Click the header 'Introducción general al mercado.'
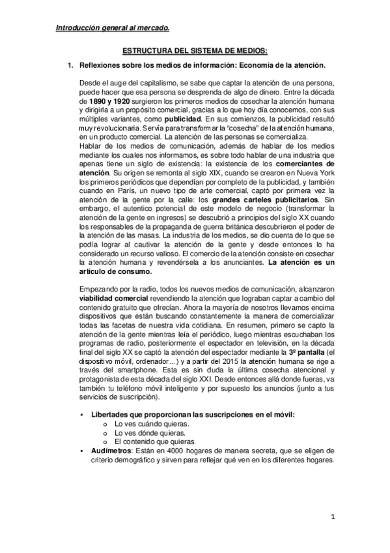pos(111,27)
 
